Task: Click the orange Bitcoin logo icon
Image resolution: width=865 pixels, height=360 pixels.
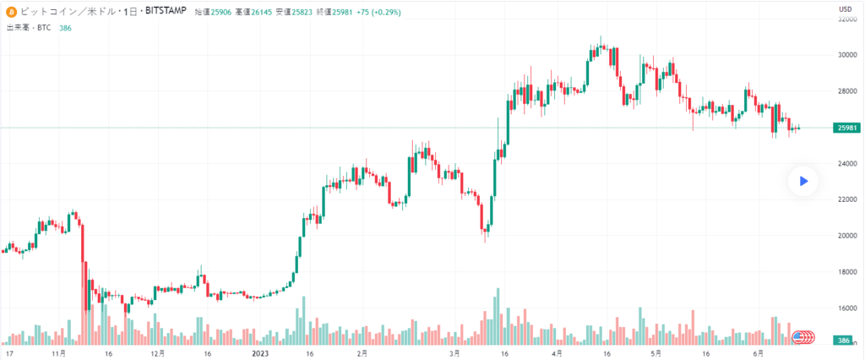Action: pos(11,11)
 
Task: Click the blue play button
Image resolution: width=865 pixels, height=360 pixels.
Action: pos(803,180)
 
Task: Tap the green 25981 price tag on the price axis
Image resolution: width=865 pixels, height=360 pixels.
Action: pos(846,128)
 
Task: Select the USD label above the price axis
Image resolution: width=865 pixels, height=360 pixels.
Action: pos(844,8)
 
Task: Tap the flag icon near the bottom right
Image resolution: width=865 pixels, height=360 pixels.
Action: pos(797,337)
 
